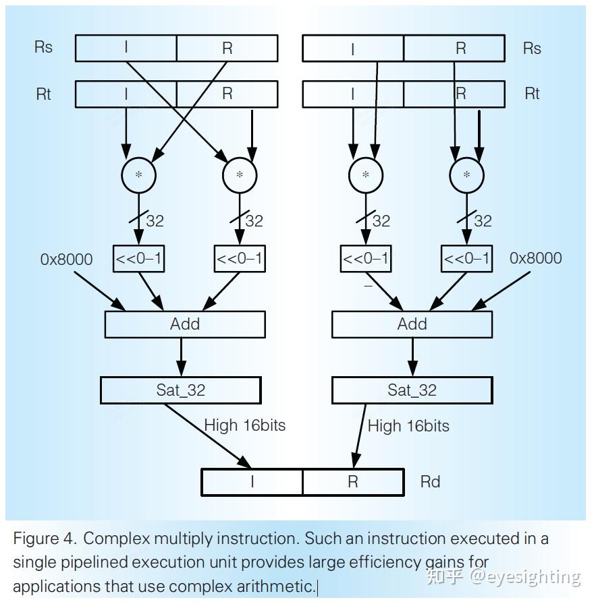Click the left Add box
pyautogui.click(x=185, y=324)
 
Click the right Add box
pyautogui.click(x=412, y=324)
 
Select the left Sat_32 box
pyautogui.click(x=180, y=390)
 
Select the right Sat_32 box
pyautogui.click(x=412, y=390)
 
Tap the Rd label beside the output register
pyautogui.click(x=430, y=482)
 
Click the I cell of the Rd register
pyautogui.click(x=252, y=482)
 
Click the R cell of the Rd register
pyautogui.click(x=354, y=482)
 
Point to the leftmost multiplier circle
pyautogui.click(x=138, y=175)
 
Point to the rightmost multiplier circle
pyautogui.click(x=467, y=175)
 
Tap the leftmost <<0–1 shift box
pyautogui.click(x=138, y=258)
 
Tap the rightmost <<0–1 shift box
pyautogui.click(x=467, y=258)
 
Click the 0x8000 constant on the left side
pyautogui.click(x=66, y=260)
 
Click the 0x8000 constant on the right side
pyautogui.click(x=536, y=258)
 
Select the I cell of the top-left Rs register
pyautogui.click(x=126, y=48)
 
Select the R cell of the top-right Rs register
pyautogui.click(x=454, y=48)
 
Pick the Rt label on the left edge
pyautogui.click(x=44, y=94)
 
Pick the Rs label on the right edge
pyautogui.click(x=532, y=49)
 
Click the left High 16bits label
pyautogui.click(x=245, y=425)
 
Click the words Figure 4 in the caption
pyautogui.click(x=44, y=539)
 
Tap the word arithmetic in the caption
pyautogui.click(x=276, y=586)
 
